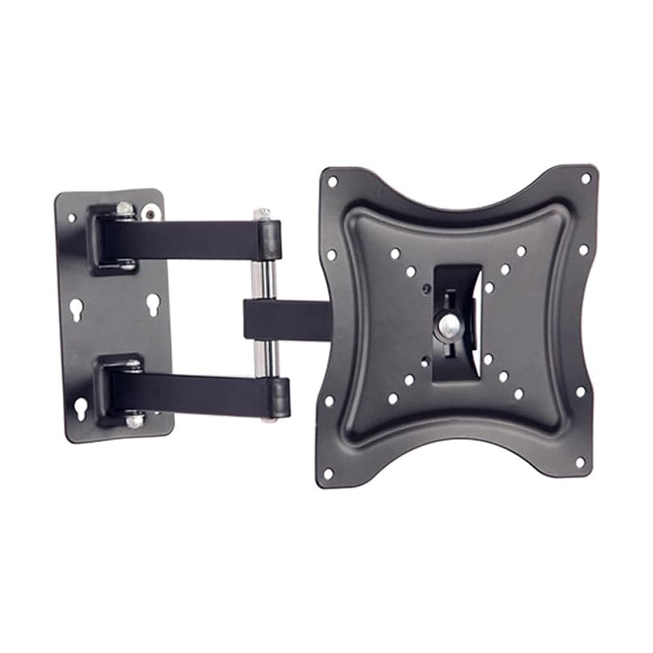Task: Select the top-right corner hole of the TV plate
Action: pos(585,178)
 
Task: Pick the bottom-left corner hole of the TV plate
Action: pos(328,471)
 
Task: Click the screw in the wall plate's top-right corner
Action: pos(151,212)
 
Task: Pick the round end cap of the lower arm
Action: pos(279,397)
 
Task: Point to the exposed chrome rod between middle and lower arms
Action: pos(264,358)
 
